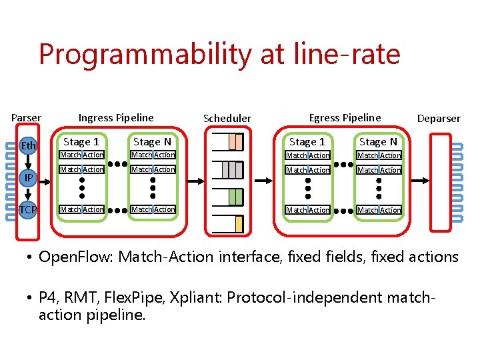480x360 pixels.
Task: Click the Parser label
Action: [26, 118]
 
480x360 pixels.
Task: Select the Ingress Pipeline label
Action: [116, 118]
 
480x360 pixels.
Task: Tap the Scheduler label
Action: [227, 119]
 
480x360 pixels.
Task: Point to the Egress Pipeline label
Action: [345, 118]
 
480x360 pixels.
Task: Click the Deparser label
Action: [438, 119]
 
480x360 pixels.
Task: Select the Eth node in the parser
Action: [29, 146]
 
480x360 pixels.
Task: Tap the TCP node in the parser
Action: [28, 209]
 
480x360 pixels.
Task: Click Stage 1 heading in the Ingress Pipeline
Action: [81, 141]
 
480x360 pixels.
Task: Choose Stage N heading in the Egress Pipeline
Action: [378, 141]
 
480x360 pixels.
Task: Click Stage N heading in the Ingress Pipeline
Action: [152, 141]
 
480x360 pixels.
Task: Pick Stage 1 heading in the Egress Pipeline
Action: [307, 141]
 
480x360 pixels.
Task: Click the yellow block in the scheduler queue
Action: [239, 225]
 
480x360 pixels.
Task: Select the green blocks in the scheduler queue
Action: [235, 197]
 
